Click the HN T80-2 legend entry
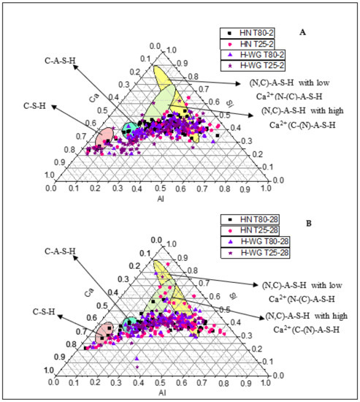click(x=252, y=33)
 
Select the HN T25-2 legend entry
click(x=252, y=42)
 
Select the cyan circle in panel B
click(x=131, y=325)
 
